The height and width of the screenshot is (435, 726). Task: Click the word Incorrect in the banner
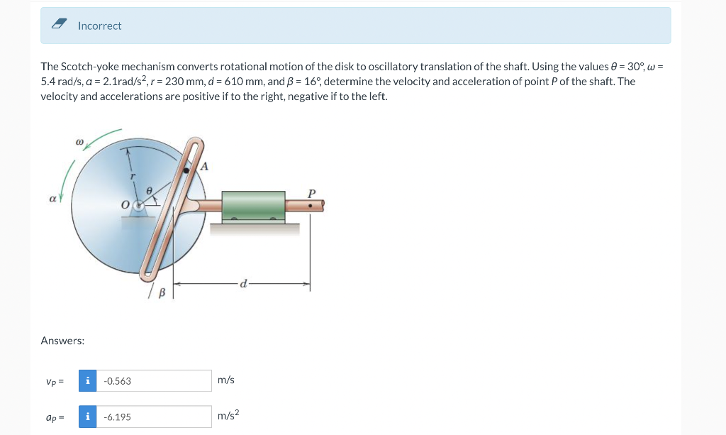coord(99,26)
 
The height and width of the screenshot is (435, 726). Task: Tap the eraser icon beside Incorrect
coord(59,23)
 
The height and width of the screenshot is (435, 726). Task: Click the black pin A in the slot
coord(186,170)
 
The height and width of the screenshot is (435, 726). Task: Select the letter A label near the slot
coord(203,166)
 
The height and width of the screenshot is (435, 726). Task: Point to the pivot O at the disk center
coord(138,205)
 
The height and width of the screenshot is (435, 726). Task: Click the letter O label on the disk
coord(125,205)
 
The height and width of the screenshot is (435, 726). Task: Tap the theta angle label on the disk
coord(149,190)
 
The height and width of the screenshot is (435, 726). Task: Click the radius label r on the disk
coord(133,176)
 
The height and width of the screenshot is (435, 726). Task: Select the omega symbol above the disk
coord(79,141)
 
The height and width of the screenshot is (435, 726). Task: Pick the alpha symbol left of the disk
coord(52,199)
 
